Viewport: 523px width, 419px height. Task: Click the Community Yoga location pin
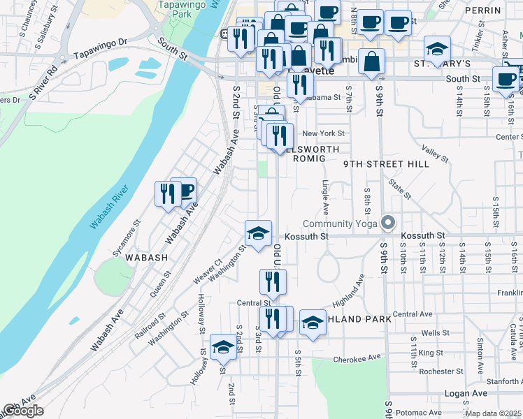[389, 223]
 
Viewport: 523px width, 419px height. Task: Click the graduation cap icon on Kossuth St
[258, 233]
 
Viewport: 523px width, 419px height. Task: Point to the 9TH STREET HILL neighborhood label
[377, 163]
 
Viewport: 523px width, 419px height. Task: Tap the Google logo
[22, 411]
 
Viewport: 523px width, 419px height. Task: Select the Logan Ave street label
[466, 393]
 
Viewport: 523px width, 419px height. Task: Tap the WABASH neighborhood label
[147, 257]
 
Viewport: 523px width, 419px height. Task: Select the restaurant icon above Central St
[273, 281]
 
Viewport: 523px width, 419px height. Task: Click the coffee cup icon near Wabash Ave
[185, 190]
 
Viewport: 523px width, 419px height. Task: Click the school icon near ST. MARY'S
[438, 49]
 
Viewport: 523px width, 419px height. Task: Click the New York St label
[323, 133]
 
